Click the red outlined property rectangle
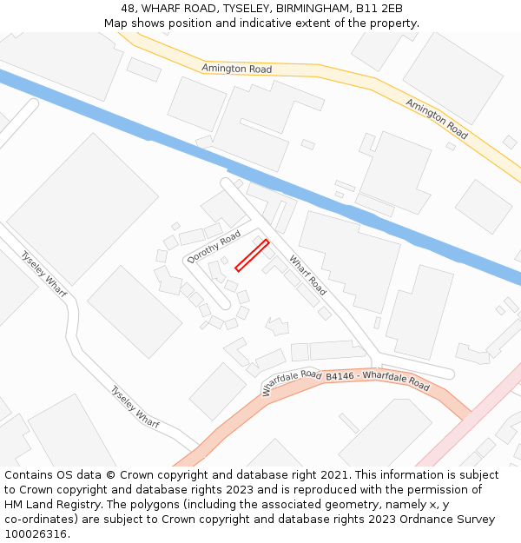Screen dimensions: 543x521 [x=252, y=255]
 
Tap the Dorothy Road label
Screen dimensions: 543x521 [x=214, y=248]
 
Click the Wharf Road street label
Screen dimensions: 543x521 [x=307, y=274]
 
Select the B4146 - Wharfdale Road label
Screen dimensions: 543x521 [x=378, y=380]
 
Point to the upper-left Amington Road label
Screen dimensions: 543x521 [x=236, y=69]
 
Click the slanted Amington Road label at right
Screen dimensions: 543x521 [x=437, y=119]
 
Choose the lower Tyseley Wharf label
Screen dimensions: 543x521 [x=135, y=406]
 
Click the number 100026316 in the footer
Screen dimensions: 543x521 [x=36, y=534]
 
